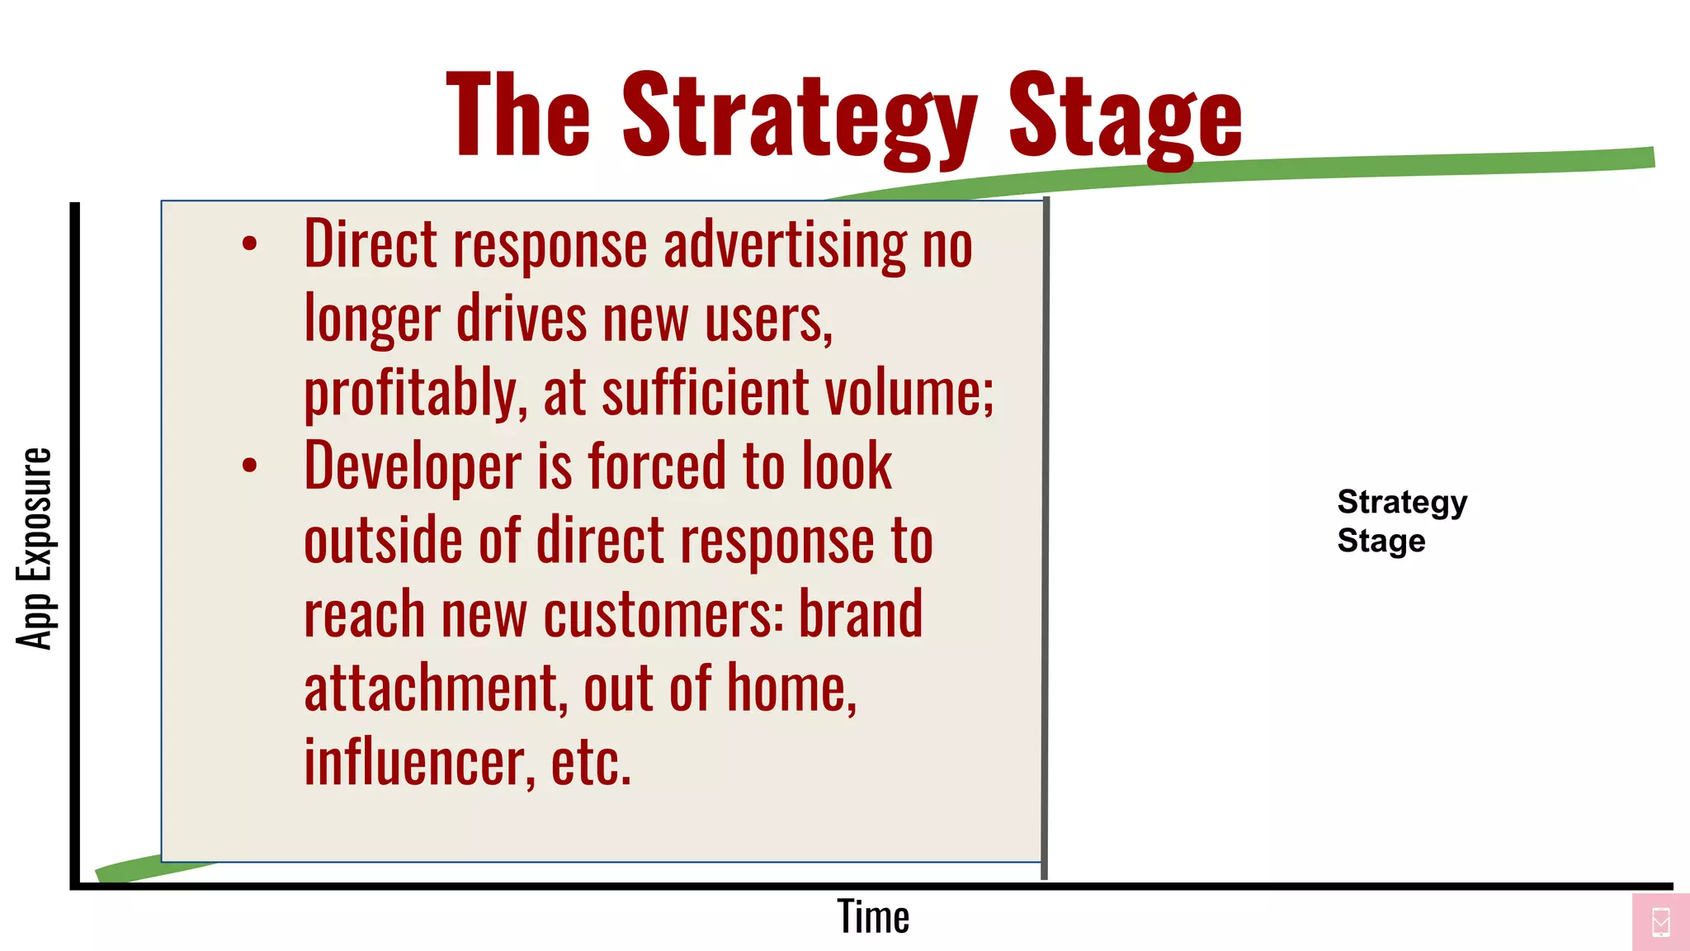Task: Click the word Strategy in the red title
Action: [x=799, y=116]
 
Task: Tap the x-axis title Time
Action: [x=873, y=917]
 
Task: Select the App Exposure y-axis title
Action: [x=35, y=548]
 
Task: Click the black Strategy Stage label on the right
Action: [x=1401, y=521]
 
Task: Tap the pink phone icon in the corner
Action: [x=1660, y=921]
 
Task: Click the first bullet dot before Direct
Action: [x=249, y=244]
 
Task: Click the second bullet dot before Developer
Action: [x=249, y=466]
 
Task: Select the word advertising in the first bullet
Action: [x=784, y=245]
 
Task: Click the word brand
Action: [x=860, y=615]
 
